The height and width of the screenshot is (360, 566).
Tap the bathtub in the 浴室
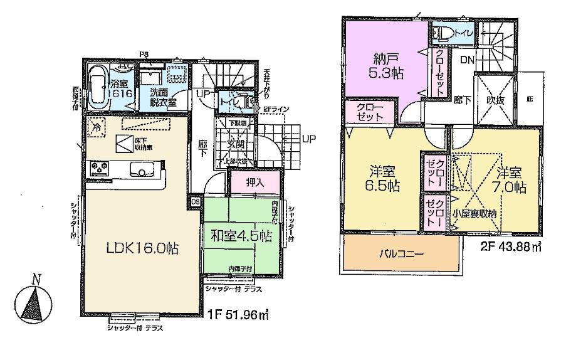[x=97, y=87]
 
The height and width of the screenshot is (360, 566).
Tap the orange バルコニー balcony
[x=401, y=255]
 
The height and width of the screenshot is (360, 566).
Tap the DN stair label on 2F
[x=468, y=60]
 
